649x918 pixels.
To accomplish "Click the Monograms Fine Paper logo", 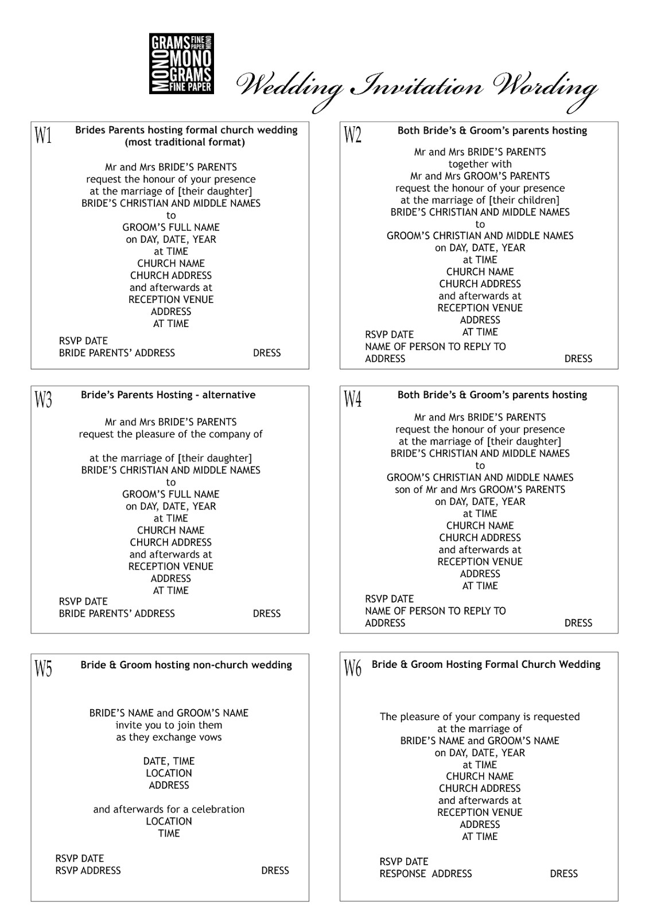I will [181, 64].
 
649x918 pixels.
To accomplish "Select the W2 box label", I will [352, 135].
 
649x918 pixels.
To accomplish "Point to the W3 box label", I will [44, 399].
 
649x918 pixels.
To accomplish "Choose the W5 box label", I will [44, 668].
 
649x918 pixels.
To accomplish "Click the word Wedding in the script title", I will [290, 87].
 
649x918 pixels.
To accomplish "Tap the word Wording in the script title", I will [545, 87].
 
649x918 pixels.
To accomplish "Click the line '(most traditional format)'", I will [185, 142].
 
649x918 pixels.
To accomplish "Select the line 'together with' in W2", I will [480, 164].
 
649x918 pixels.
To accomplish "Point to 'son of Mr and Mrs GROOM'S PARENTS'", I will [480, 489].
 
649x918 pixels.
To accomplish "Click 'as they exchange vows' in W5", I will [169, 737].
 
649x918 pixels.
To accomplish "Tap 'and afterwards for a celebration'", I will [169, 809].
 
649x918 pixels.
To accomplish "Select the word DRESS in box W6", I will [563, 873].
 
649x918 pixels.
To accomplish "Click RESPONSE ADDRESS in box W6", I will [425, 873].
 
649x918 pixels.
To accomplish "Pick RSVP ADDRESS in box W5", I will [88, 870].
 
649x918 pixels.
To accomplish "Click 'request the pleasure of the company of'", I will [170, 434].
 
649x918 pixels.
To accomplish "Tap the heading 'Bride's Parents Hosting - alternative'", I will [168, 395].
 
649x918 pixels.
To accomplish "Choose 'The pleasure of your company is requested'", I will [480, 717].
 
